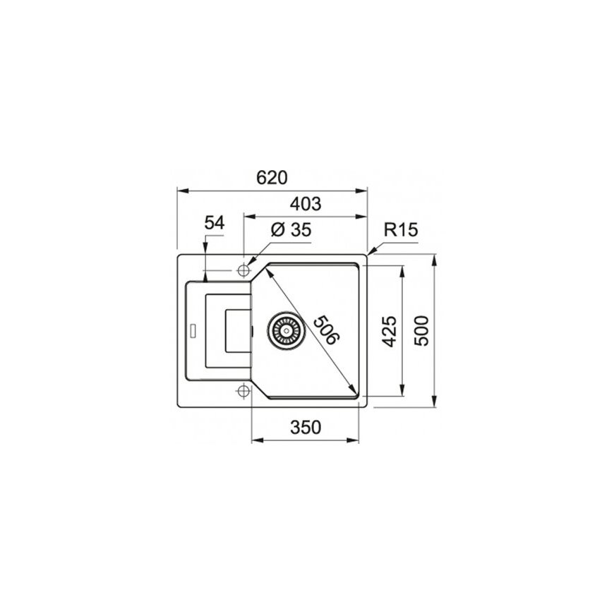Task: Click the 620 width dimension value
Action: pos(272,177)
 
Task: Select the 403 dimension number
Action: pos(306,204)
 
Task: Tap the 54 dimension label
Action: pos(215,223)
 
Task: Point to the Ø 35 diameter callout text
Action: pos(291,229)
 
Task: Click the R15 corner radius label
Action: pos(401,229)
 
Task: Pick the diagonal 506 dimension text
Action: pos(326,330)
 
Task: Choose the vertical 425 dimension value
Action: pos(390,331)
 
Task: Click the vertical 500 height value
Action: pos(421,330)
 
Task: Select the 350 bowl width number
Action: pos(306,427)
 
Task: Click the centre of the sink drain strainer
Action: pos(287,331)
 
